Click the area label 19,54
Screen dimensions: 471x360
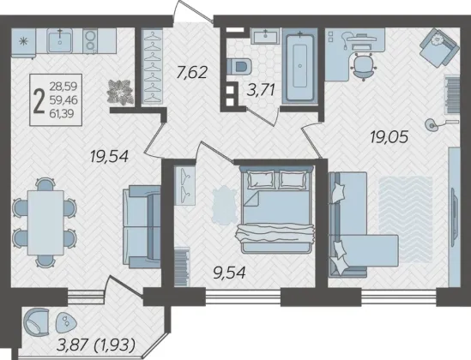109,157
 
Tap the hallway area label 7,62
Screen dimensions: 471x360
192,72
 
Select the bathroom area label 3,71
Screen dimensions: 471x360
261,90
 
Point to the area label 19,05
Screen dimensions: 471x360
389,137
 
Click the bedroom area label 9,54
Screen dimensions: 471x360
229,273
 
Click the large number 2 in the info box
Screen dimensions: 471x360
39,100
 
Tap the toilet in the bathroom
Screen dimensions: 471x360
239,66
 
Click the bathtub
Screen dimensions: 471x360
300,66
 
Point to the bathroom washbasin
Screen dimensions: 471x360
265,36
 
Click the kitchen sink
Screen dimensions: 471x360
60,41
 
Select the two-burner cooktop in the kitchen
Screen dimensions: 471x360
90,41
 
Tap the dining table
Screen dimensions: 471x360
45,223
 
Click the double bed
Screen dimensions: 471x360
276,211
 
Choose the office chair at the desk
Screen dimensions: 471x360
364,66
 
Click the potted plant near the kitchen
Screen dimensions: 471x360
120,92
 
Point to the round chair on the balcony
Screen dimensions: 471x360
36,321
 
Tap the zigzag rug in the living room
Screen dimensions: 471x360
405,219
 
